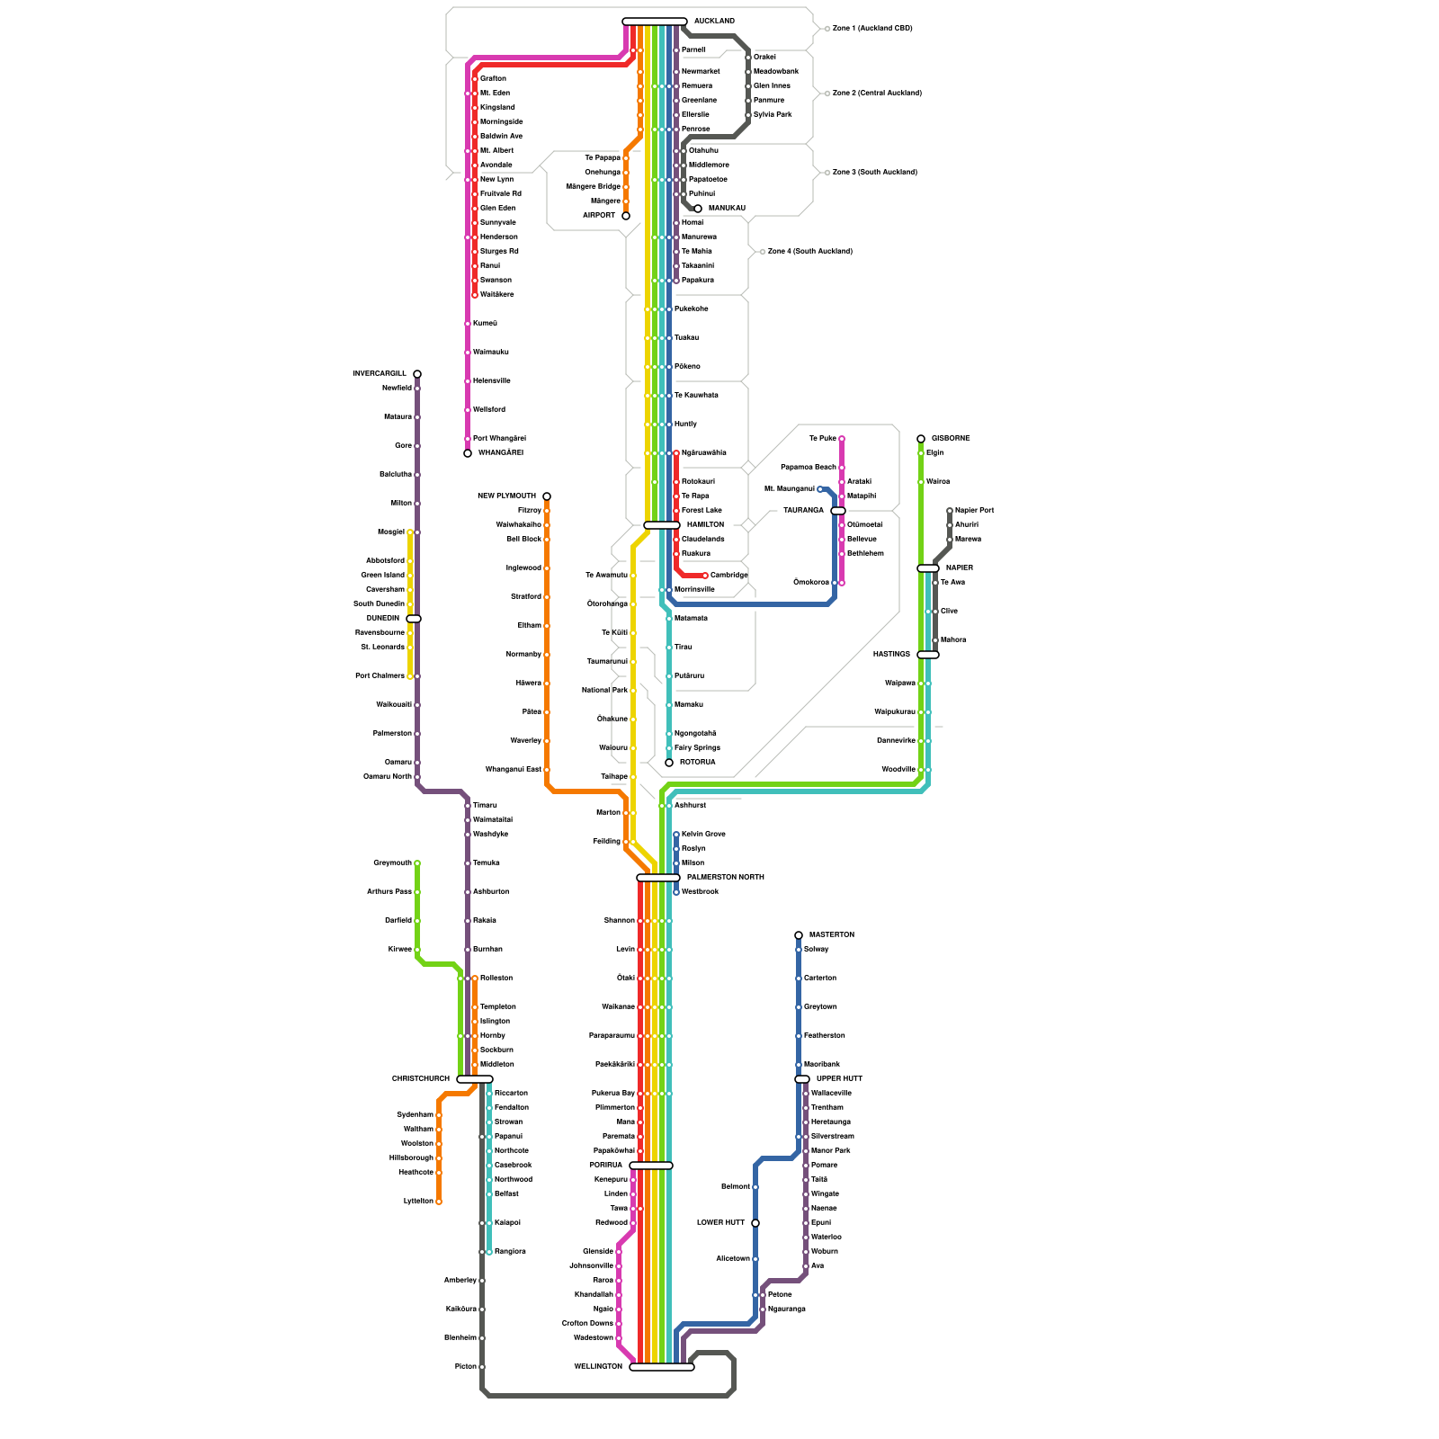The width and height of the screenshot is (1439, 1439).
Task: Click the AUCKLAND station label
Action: click(714, 22)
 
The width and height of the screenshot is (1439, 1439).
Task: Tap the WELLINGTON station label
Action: click(598, 1367)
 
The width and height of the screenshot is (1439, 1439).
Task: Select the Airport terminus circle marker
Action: click(626, 216)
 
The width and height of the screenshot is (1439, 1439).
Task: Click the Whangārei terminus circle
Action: click(468, 453)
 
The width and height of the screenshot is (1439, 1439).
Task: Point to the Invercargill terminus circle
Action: click(417, 374)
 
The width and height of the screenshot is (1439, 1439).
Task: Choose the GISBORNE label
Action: click(951, 439)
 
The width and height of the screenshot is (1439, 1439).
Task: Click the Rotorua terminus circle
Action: click(669, 763)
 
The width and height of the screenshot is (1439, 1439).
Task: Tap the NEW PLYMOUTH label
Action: click(506, 496)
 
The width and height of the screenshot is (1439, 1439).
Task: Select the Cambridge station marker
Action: click(705, 576)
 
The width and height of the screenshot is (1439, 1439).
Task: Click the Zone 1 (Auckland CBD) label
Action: click(872, 29)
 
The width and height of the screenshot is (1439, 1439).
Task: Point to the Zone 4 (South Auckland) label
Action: click(809, 252)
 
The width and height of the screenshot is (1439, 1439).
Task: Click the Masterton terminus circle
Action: click(799, 935)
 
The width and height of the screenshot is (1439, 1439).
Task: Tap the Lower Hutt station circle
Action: click(755, 1223)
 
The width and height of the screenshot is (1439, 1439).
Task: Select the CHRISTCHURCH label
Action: click(421, 1079)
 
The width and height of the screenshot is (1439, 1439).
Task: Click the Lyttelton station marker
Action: click(439, 1202)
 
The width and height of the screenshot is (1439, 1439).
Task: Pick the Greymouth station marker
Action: click(417, 863)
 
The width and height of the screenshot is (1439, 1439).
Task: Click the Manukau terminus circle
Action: click(698, 209)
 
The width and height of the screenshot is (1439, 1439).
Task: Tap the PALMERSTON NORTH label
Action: click(725, 878)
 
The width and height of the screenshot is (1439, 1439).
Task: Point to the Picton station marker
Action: click(482, 1367)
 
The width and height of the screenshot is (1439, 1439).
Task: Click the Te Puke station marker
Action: click(842, 439)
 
